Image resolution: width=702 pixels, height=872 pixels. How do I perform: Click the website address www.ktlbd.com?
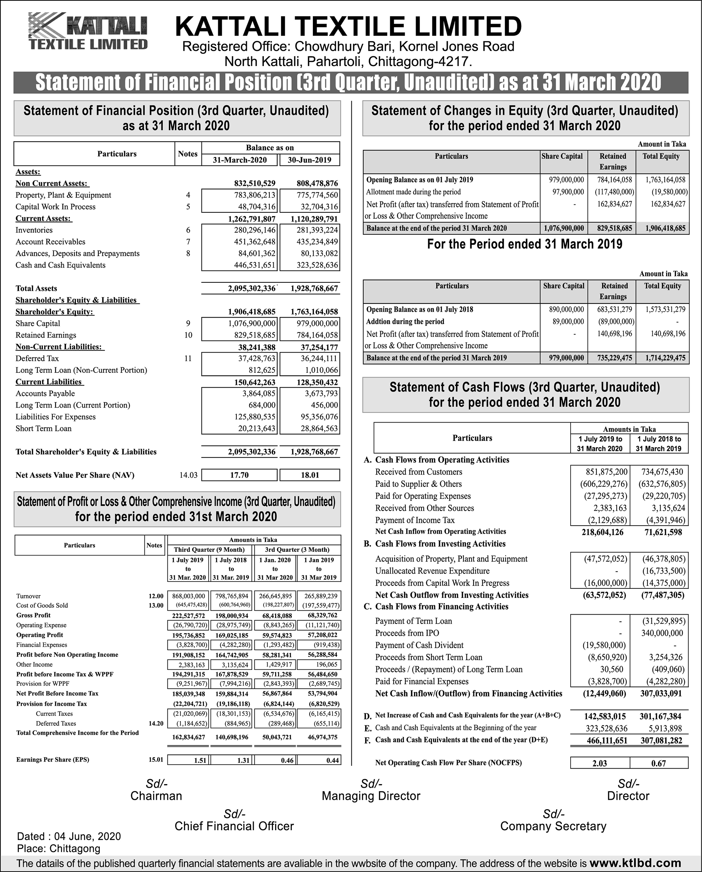click(x=635, y=863)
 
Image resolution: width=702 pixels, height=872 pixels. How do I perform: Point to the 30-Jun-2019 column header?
click(x=309, y=160)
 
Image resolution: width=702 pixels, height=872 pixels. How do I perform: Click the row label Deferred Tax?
click(x=37, y=358)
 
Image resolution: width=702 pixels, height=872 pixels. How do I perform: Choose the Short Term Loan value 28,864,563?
click(x=319, y=428)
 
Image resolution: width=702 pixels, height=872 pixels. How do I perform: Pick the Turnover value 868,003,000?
click(x=189, y=596)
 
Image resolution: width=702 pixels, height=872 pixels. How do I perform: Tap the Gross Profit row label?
click(x=33, y=615)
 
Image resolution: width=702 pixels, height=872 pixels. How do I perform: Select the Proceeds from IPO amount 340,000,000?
click(x=662, y=633)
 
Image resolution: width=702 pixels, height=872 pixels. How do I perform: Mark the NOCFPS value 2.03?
click(x=600, y=763)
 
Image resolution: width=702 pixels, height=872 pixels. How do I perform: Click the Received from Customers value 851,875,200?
click(x=607, y=472)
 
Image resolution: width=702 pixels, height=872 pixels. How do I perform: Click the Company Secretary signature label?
click(x=553, y=826)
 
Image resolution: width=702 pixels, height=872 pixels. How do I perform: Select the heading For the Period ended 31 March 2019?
click(x=525, y=244)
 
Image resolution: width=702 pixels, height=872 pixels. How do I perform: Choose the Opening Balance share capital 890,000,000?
click(x=566, y=309)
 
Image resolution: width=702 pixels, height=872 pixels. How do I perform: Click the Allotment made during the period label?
click(x=413, y=192)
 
